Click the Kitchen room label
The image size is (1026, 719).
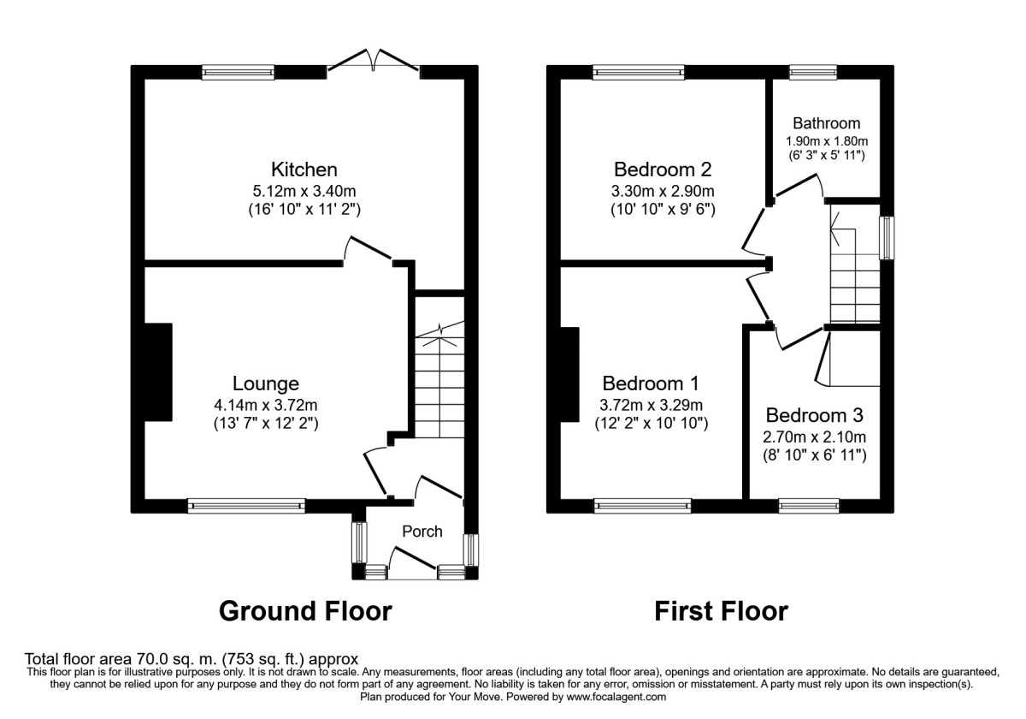[x=292, y=169]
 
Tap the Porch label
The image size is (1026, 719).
[x=422, y=532]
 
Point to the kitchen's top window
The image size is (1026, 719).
[x=239, y=73]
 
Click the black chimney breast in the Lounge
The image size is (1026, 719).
[x=157, y=371]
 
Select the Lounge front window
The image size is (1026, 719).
[x=246, y=506]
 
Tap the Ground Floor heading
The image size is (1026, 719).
[x=305, y=611]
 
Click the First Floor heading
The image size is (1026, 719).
[x=721, y=611]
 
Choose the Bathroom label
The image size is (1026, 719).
[x=826, y=123]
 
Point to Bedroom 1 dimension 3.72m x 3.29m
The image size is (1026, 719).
[x=651, y=405]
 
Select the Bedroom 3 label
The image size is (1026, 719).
[x=814, y=416]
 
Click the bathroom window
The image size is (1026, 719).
[x=813, y=73]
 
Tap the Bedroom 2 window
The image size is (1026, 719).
[x=638, y=73]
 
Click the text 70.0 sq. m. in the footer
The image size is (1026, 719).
[x=171, y=660]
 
